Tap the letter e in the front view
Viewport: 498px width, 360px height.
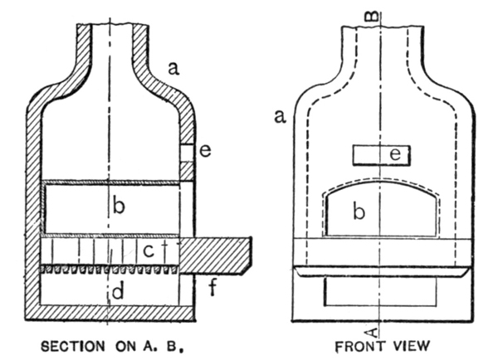(x=398, y=154)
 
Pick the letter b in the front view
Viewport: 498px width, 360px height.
(x=359, y=212)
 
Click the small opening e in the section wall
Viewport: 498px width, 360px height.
(x=187, y=152)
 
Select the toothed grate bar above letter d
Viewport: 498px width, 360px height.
(x=109, y=270)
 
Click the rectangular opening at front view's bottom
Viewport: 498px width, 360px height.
(x=378, y=291)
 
